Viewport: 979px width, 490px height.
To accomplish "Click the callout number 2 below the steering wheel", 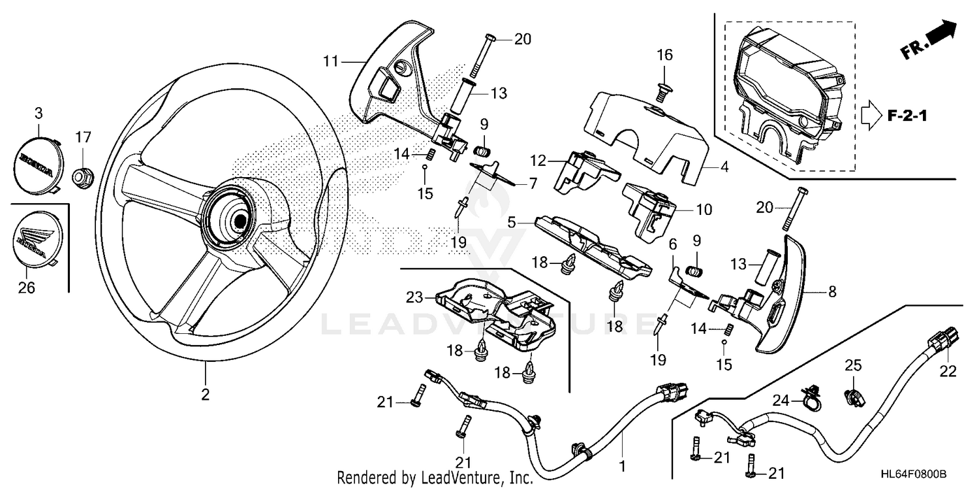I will pos(205,394).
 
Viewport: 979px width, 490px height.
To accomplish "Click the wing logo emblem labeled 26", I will pos(36,238).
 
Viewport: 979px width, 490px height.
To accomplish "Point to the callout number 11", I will pos(331,62).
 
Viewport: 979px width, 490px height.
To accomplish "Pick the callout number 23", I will pos(415,298).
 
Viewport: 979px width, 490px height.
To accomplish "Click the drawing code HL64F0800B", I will pos(914,474).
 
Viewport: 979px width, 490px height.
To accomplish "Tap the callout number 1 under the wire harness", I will pos(622,466).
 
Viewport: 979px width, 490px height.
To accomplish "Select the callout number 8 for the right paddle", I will pos(831,293).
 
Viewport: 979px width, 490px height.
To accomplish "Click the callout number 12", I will pos(537,159).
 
